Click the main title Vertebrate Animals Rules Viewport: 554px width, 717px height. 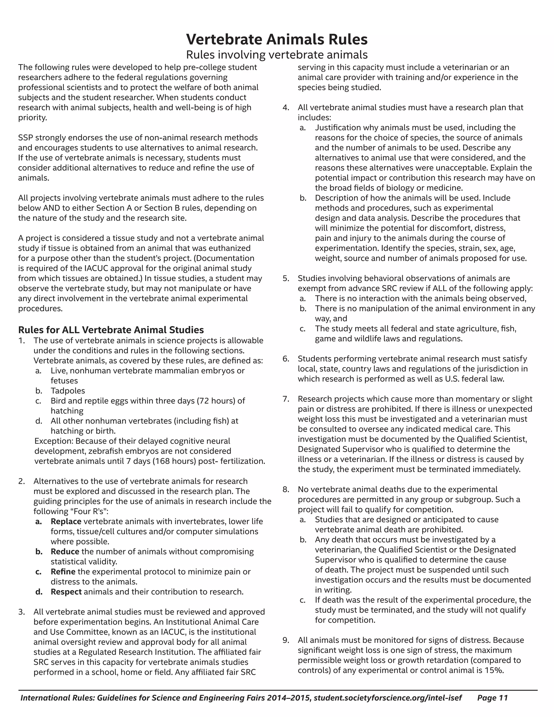(x=277, y=40)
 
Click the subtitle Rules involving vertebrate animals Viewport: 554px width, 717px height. (x=277, y=54)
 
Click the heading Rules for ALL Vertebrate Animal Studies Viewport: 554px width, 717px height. (x=111, y=330)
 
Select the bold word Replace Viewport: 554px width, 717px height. (x=66, y=521)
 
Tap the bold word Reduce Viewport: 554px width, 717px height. (x=65, y=551)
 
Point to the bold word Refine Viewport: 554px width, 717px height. (x=63, y=571)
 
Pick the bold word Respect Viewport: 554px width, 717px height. (x=66, y=591)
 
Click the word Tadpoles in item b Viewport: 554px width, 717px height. (x=68, y=391)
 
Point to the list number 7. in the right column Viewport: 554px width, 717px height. (x=286, y=399)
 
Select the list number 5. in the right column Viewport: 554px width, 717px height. (x=286, y=278)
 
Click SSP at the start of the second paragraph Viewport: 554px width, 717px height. (x=25, y=137)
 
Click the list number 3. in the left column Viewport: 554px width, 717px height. (x=22, y=612)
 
